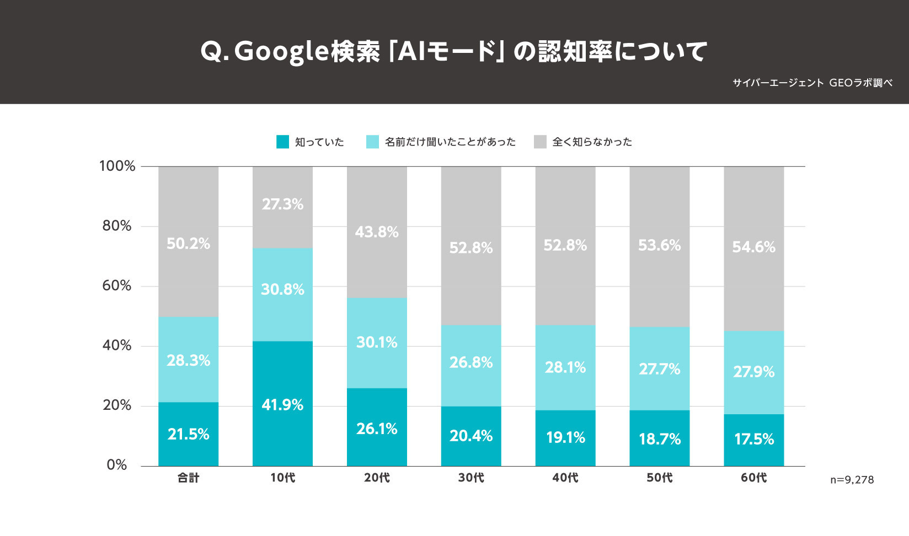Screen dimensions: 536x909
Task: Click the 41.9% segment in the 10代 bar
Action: tap(282, 404)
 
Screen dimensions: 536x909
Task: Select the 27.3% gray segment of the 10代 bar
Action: tap(282, 207)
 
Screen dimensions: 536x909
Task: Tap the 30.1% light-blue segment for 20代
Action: tap(377, 343)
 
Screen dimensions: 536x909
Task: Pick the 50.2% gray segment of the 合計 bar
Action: tap(188, 242)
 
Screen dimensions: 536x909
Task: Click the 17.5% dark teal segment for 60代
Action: tap(753, 440)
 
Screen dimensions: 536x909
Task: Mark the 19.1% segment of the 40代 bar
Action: tap(565, 438)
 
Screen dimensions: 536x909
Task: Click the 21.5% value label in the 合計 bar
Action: tap(188, 434)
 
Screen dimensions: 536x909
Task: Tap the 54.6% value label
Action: tap(753, 247)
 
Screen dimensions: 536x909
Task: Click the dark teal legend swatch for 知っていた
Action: tap(282, 142)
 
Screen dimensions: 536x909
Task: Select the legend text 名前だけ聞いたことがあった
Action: tap(450, 142)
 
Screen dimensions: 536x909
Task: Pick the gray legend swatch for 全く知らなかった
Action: tap(540, 142)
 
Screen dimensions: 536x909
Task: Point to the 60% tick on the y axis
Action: tap(117, 285)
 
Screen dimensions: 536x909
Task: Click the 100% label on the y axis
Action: tap(117, 166)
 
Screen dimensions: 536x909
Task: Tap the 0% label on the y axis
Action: tap(117, 465)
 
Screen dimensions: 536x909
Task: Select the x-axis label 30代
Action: tap(471, 478)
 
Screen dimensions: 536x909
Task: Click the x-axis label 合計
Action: tap(188, 478)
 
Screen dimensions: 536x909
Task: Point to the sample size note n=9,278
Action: tap(852, 480)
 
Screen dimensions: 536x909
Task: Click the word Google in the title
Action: tap(282, 52)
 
